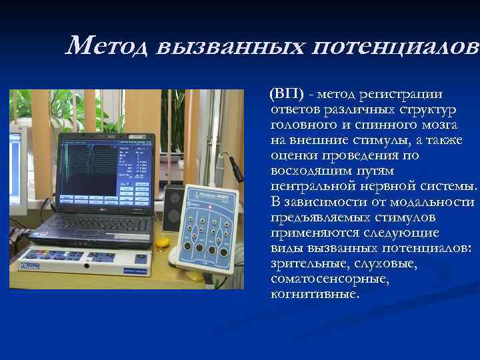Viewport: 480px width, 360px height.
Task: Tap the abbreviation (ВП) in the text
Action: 285,93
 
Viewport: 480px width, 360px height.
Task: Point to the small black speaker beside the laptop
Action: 172,206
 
